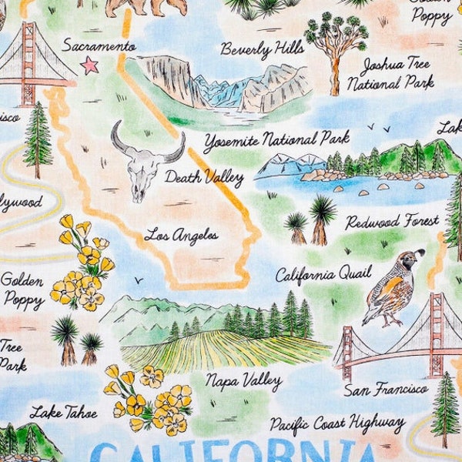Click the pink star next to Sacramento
click(x=90, y=65)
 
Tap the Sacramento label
click(x=99, y=45)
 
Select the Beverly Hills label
click(x=262, y=49)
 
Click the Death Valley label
click(x=203, y=178)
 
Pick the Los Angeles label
click(x=181, y=234)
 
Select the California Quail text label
click(x=323, y=273)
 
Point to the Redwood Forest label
click(x=392, y=223)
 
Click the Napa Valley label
click(x=243, y=380)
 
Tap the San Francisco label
click(x=386, y=390)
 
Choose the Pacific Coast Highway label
click(x=336, y=423)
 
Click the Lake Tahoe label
click(x=64, y=412)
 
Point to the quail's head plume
click(x=420, y=254)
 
